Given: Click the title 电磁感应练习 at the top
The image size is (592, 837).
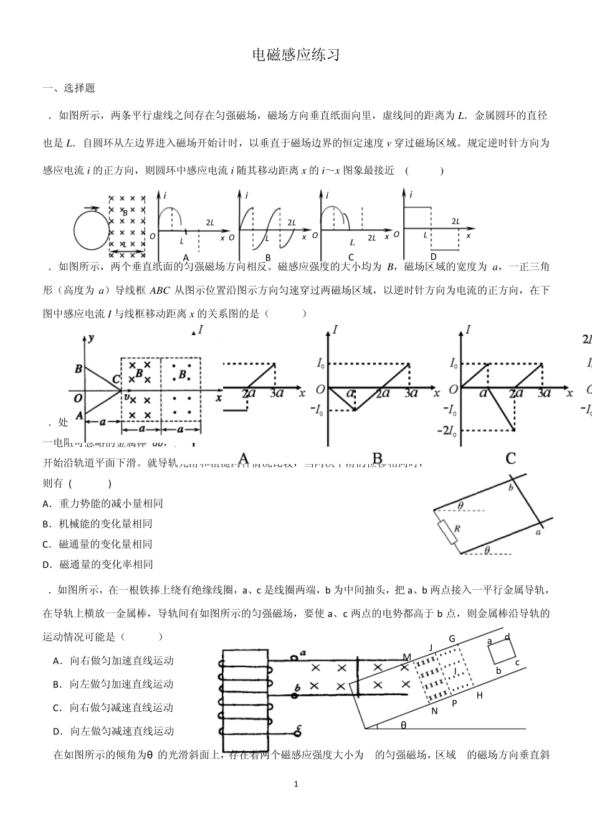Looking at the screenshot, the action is coord(296,55).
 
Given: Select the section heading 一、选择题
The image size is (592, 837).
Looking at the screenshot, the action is coord(69,88).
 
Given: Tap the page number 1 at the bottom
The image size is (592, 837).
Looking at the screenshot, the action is coord(296,783).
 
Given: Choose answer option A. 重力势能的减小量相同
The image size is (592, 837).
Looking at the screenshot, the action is coord(103,503).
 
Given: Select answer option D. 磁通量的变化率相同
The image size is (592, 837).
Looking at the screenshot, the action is coord(98,564).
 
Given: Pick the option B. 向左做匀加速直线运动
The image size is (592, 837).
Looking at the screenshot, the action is coord(113,684).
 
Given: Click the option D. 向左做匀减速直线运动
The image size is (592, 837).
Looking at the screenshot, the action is coord(113,731).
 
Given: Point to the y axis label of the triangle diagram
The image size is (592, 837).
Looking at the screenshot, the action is coord(91,338).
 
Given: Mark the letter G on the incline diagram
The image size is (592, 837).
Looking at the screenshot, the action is coord(452,639).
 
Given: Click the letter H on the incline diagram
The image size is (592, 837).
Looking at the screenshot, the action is coord(479,695).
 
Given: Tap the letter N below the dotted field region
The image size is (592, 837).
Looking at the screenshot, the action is coord(434,711).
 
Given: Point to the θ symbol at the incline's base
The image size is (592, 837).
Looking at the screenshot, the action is coord(403,725).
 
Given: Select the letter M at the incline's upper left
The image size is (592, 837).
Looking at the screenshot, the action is coord(407,657).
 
